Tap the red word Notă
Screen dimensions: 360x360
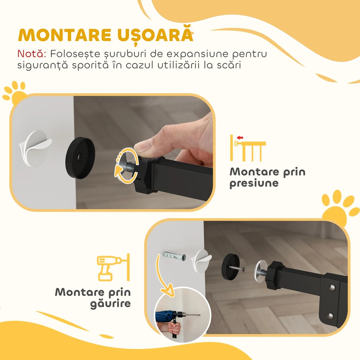click(x=31, y=54)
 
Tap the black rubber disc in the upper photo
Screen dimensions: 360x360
click(x=80, y=158)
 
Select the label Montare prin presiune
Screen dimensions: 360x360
click(x=267, y=178)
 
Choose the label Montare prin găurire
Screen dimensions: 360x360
click(x=93, y=298)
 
